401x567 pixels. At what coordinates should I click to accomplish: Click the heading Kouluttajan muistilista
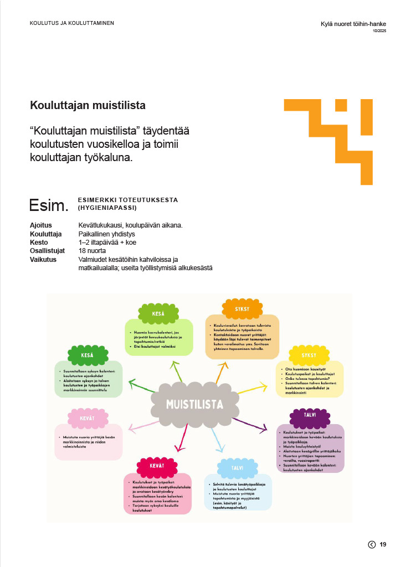88,105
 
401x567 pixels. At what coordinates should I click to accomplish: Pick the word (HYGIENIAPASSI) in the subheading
107,208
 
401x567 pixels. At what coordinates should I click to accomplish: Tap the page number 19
383,545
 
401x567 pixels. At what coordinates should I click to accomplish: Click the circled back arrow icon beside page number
372,545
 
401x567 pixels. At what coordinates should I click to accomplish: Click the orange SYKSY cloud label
243,308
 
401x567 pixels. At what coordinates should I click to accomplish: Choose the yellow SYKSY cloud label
309,354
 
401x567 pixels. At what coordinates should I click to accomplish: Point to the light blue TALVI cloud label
238,468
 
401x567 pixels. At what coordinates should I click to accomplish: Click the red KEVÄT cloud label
157,466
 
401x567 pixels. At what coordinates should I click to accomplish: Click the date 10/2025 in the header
379,31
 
